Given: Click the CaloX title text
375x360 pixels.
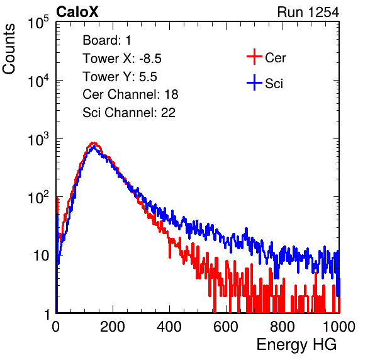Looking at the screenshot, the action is click(x=77, y=12).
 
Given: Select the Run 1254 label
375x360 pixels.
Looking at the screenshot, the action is click(x=308, y=12).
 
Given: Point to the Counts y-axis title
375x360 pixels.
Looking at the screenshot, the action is click(x=9, y=49).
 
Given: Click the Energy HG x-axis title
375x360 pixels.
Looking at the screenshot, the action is click(x=296, y=345).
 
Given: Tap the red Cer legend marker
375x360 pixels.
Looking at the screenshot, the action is click(x=254, y=57).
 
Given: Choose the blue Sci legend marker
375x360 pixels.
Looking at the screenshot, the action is click(x=254, y=82).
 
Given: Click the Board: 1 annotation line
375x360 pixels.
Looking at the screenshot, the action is click(x=107, y=40).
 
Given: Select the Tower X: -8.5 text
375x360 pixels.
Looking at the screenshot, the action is click(x=122, y=59).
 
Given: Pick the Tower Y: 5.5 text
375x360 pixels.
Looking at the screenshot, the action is click(x=120, y=77).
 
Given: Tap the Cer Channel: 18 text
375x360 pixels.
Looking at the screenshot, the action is click(x=130, y=94).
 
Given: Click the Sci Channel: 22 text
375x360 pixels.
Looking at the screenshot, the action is click(x=129, y=113).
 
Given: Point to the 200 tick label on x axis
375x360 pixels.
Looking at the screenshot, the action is click(x=113, y=327).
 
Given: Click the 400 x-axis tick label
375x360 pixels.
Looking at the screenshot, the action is click(x=169, y=327).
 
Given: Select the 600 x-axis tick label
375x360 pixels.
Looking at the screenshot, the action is click(x=226, y=327).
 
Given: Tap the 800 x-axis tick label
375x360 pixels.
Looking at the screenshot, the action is click(x=283, y=327).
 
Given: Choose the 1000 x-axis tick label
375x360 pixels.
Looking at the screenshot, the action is click(x=339, y=327).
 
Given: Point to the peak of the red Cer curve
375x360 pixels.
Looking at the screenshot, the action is click(x=93, y=143).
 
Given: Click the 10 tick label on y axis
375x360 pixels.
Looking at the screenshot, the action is click(x=41, y=256).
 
